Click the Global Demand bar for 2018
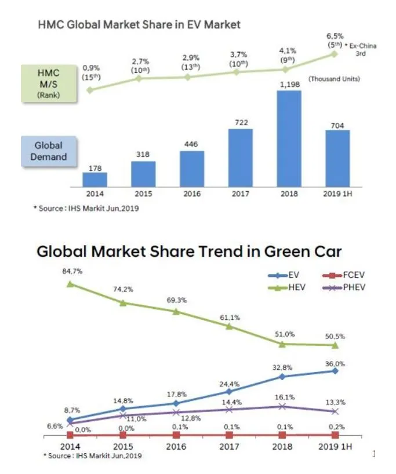(x=289, y=139)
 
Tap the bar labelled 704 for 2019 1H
(x=337, y=158)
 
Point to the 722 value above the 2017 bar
(x=239, y=122)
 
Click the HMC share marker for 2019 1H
(x=334, y=54)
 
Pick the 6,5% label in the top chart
(x=335, y=36)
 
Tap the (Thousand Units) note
(x=333, y=79)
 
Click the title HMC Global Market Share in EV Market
(x=139, y=24)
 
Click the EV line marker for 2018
(x=282, y=376)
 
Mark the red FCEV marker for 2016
(x=176, y=435)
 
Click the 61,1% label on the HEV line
(x=230, y=318)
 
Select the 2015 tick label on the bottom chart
(x=123, y=447)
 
